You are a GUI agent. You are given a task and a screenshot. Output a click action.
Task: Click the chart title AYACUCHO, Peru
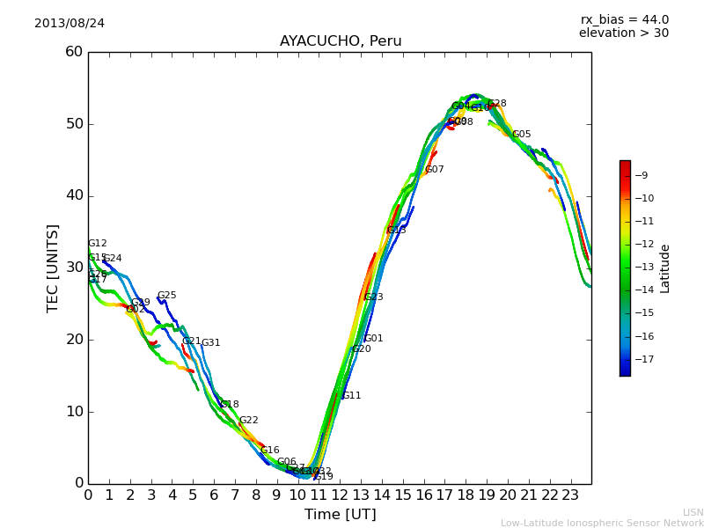click(341, 41)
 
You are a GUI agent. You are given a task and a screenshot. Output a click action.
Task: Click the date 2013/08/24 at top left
click(70, 23)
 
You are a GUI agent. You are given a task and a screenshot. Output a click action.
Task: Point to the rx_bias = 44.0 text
click(624, 19)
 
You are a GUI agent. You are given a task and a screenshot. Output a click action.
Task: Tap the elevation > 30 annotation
click(623, 33)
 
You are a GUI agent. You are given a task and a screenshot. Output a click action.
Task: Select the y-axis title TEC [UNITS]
click(53, 268)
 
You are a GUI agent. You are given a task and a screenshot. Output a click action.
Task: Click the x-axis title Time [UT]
click(340, 514)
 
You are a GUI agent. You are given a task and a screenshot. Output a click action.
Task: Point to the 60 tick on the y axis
click(74, 52)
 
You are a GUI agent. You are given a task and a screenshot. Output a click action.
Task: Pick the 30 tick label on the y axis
click(74, 268)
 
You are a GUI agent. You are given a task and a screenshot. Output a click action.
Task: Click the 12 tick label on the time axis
click(340, 495)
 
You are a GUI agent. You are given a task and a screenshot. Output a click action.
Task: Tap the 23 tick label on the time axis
click(570, 495)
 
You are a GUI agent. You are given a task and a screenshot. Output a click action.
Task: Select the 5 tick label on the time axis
click(193, 495)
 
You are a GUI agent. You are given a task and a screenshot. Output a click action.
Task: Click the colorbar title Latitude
click(665, 268)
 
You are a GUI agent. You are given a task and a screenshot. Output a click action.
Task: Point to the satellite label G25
click(166, 296)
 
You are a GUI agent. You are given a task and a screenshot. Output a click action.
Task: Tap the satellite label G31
click(210, 343)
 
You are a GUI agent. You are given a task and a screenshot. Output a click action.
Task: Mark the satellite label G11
click(351, 396)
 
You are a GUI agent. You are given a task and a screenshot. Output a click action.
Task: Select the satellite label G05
click(521, 135)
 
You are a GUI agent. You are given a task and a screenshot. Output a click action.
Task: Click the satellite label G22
click(248, 421)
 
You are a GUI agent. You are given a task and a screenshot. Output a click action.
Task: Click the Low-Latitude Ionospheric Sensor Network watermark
click(602, 523)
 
